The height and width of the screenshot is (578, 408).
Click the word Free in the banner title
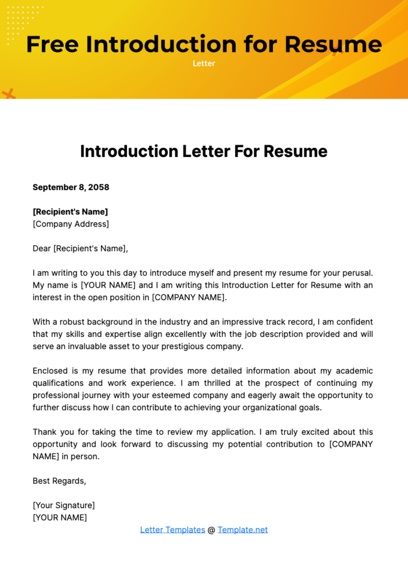(x=52, y=45)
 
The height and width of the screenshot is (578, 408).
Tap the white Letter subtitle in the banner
(x=204, y=64)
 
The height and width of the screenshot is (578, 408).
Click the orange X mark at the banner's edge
(x=8, y=94)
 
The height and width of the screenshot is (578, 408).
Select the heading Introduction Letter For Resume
(x=204, y=152)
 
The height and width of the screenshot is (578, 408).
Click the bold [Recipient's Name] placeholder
(x=70, y=212)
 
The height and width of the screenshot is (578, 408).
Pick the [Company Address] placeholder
(x=71, y=224)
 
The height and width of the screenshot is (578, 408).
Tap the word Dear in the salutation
(x=41, y=248)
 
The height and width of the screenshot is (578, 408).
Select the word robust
(x=73, y=322)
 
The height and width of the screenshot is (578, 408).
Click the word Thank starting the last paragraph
(x=44, y=432)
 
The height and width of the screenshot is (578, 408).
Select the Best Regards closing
(x=59, y=481)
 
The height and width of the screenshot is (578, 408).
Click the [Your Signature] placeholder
(x=64, y=505)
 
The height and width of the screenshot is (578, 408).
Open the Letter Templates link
(x=172, y=530)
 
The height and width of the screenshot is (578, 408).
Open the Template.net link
(x=242, y=530)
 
